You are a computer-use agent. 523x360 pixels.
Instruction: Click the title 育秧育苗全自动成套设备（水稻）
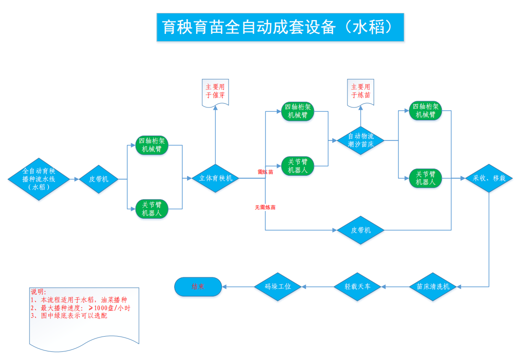[280, 27]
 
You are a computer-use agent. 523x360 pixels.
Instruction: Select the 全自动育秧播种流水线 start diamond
[39, 179]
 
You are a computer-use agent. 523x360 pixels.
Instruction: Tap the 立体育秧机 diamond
[216, 179]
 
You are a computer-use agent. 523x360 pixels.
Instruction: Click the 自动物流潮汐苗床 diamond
[361, 140]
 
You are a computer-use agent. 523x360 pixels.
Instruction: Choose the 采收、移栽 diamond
[489, 179]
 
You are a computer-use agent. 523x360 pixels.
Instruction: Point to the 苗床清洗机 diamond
[433, 287]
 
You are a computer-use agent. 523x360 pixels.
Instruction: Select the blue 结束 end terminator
[198, 287]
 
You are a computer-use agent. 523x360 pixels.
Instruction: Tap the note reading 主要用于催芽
[216, 92]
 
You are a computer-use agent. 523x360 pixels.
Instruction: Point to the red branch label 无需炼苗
[265, 208]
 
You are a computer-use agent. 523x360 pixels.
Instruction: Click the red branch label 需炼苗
[265, 172]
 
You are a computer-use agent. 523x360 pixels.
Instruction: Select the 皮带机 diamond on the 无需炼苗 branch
[361, 231]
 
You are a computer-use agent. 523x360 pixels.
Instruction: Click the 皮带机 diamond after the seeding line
[99, 179]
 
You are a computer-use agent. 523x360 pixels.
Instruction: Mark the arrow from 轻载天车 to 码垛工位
[318, 287]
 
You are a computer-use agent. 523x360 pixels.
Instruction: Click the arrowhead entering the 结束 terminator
[225, 287]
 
